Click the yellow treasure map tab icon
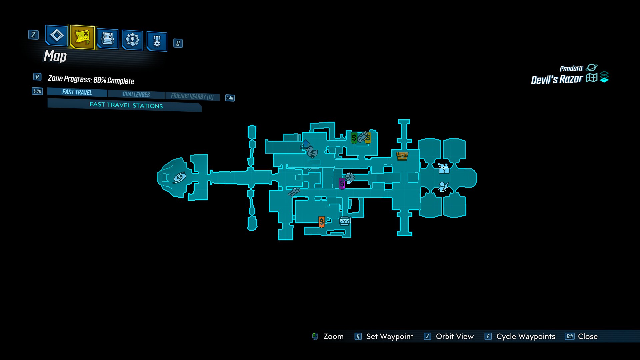[82, 37]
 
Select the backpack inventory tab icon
[107, 39]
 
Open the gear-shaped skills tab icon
[132, 40]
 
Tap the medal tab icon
[157, 41]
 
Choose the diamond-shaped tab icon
[57, 35]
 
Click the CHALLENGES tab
[136, 94]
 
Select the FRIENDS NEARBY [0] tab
[192, 96]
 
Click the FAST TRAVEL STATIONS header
[126, 105]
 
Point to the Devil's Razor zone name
[556, 80]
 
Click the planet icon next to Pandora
[591, 68]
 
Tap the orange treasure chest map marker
[402, 156]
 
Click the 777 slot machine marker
[345, 221]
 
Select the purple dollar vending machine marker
[342, 184]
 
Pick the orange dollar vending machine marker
[321, 222]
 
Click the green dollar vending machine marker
[354, 138]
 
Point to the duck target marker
[312, 152]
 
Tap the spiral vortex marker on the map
[179, 178]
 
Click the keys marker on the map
[294, 192]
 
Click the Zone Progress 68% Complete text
[91, 80]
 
